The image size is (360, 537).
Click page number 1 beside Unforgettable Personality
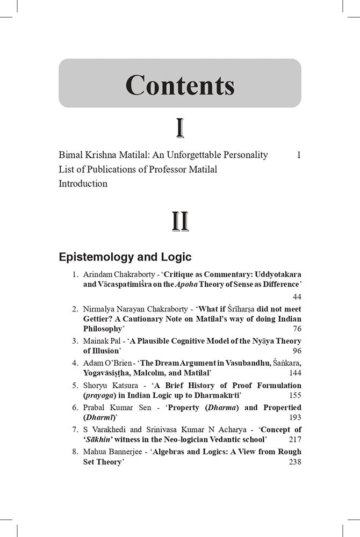click(298, 155)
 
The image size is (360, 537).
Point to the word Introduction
click(83, 184)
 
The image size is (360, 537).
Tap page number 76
click(296, 329)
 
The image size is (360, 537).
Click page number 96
click(296, 351)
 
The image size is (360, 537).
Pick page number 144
click(294, 373)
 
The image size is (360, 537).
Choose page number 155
click(294, 395)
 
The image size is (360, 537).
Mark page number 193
click(294, 417)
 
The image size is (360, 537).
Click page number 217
click(294, 439)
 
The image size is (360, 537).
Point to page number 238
click(294, 461)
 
